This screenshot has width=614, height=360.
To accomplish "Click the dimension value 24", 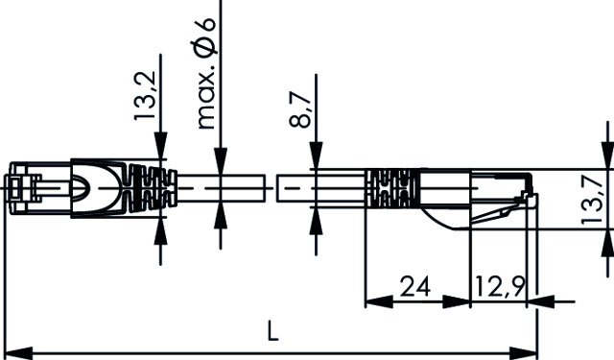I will click(413, 286).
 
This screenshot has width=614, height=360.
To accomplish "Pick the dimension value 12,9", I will click(499, 286).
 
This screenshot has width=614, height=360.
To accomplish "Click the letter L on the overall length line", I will click(272, 332).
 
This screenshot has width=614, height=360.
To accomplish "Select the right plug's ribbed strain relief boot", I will click(391, 188).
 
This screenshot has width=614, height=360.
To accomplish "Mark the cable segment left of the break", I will click(221, 187).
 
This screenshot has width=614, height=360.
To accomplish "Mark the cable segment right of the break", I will click(321, 187).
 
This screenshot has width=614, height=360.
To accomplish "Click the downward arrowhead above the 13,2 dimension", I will click(159, 150).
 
